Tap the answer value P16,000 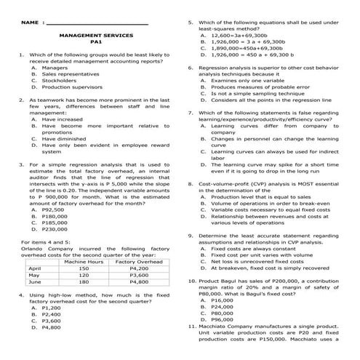pos(221,300)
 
